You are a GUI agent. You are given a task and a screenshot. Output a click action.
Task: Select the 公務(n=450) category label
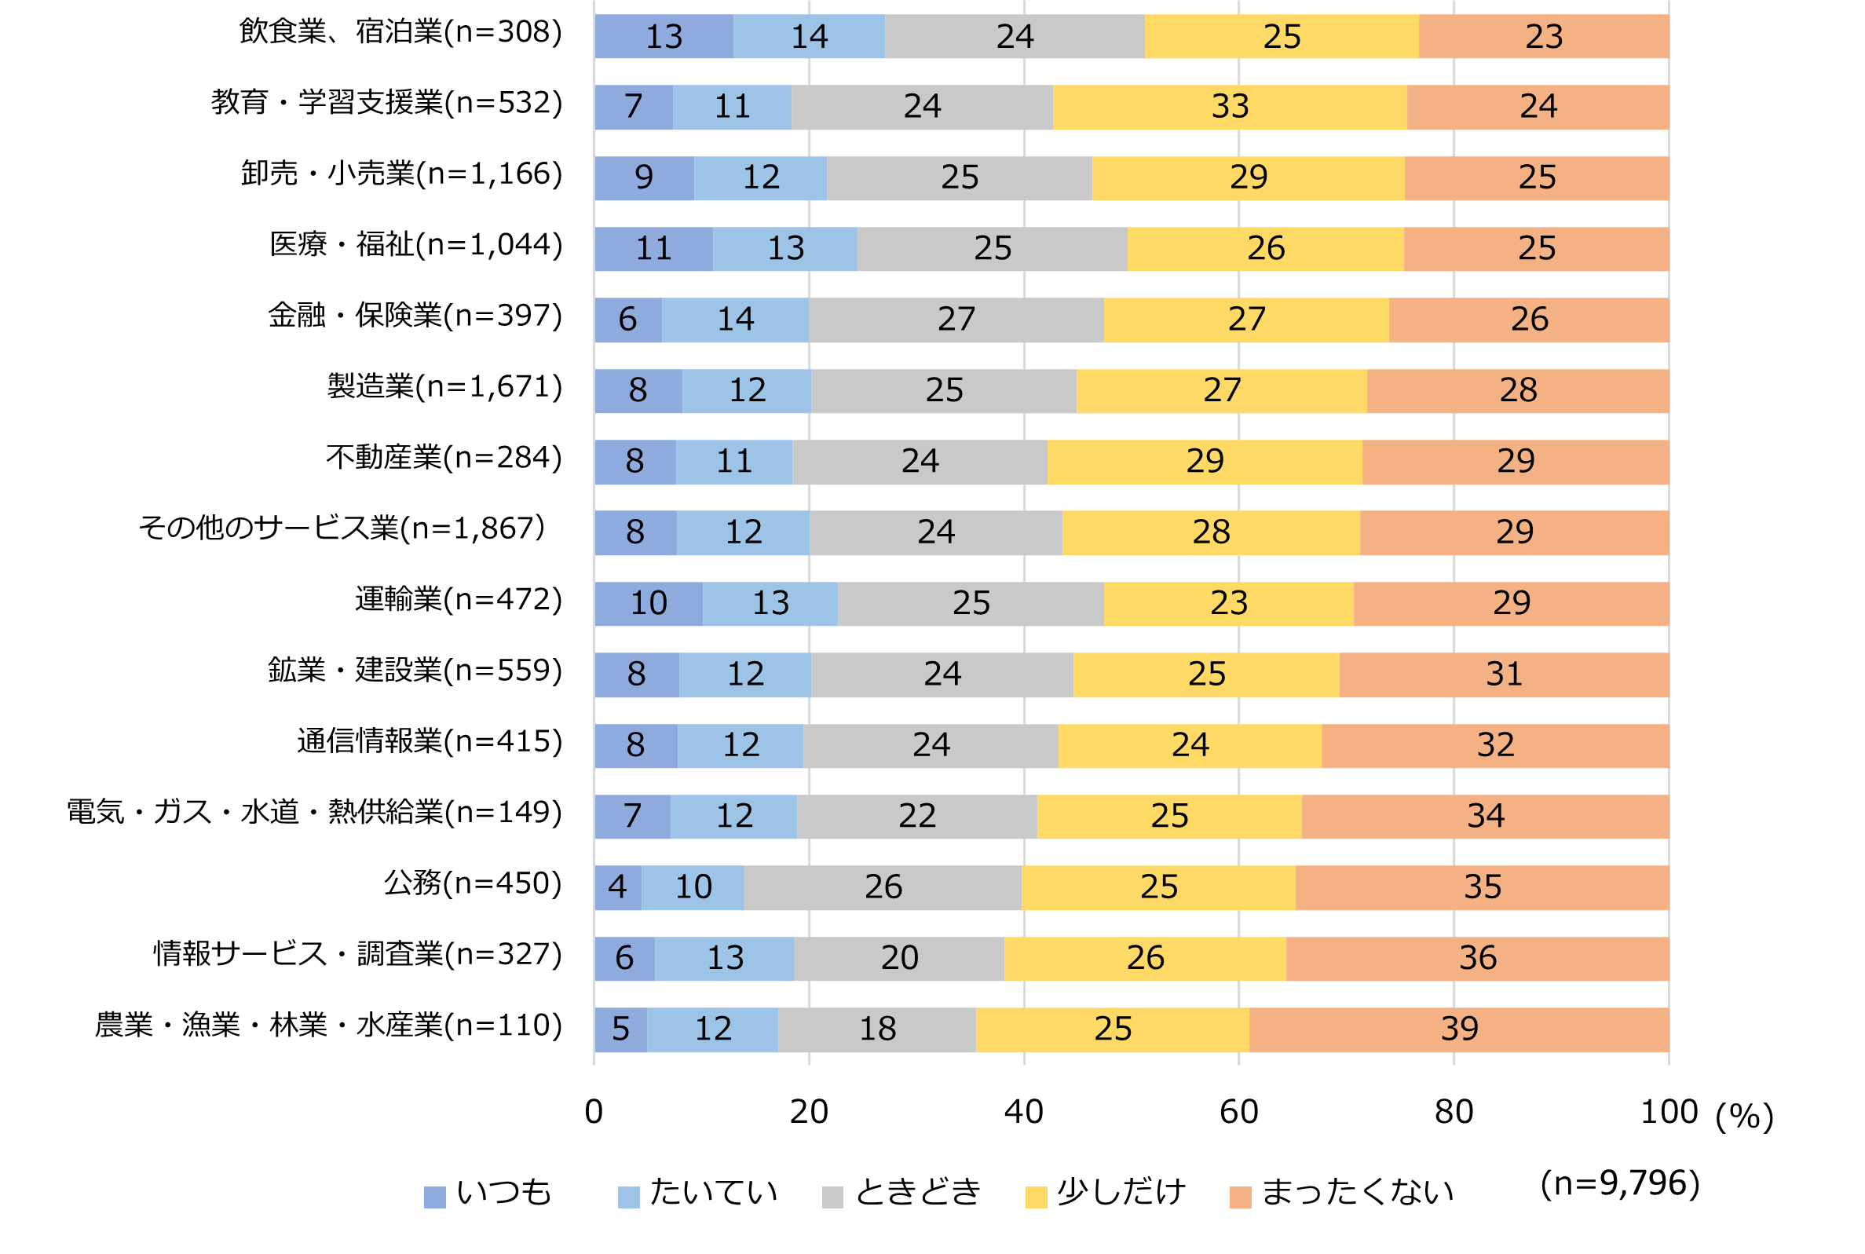[x=473, y=883]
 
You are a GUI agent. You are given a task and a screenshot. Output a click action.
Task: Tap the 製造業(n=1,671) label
[x=444, y=386]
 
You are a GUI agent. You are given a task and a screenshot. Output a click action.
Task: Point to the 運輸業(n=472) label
[x=459, y=599]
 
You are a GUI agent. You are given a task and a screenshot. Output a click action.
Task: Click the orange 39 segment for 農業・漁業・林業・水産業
[x=1459, y=1029]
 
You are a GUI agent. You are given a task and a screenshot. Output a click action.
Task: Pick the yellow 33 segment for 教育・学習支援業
[x=1229, y=106]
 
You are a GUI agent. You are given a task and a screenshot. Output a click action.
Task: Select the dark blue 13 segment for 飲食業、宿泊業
[x=664, y=36]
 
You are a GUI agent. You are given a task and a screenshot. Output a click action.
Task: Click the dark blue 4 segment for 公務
[x=617, y=887]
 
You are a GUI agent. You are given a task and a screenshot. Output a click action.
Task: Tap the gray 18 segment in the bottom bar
[x=876, y=1029]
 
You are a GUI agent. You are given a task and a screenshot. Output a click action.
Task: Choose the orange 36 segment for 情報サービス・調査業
[x=1477, y=958]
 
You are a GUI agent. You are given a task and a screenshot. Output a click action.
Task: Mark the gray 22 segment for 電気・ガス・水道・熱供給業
[x=916, y=817]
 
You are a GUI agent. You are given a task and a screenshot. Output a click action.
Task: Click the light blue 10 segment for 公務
[x=693, y=887]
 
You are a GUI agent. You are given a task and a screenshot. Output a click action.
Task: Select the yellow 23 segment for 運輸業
[x=1228, y=604]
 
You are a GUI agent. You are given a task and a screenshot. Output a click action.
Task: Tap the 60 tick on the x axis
[x=1239, y=1112]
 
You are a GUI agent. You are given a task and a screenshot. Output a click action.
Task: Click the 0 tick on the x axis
[x=594, y=1112]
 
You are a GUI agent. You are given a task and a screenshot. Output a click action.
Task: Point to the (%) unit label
[x=1744, y=1116]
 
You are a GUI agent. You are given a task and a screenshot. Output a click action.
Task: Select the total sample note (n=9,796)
[x=1619, y=1183]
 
